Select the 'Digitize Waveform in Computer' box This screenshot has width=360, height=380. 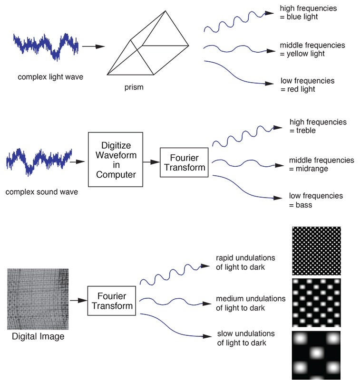[x=116, y=159]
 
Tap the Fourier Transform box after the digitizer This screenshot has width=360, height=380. [x=184, y=162]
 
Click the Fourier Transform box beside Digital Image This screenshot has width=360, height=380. [x=112, y=301]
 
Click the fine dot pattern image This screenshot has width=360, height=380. [x=316, y=251]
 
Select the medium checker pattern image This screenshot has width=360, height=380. [x=316, y=303]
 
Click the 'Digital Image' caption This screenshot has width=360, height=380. [x=38, y=337]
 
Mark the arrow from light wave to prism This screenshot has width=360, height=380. [x=93, y=47]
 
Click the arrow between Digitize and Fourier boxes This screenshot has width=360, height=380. [x=151, y=162]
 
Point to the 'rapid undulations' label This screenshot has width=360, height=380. [x=245, y=257]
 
